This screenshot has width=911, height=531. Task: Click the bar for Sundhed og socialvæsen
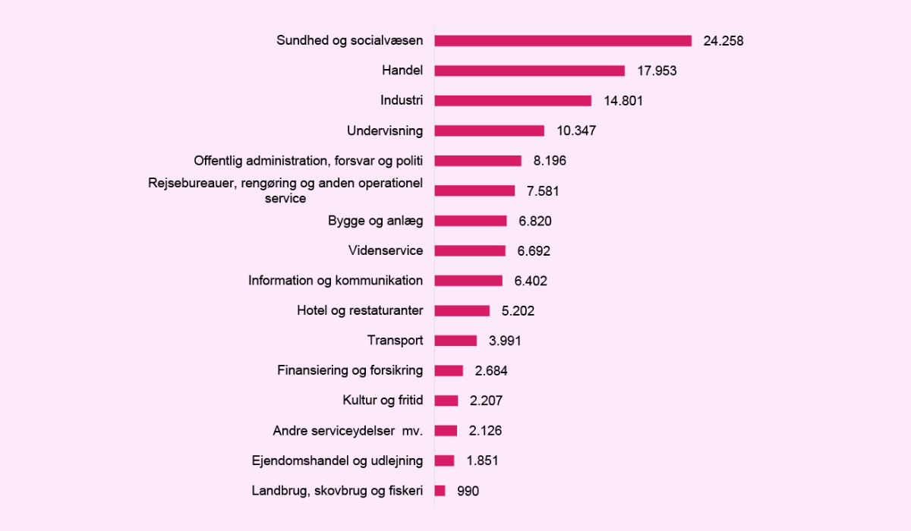pyautogui.click(x=563, y=41)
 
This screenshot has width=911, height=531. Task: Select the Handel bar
pyautogui.click(x=529, y=71)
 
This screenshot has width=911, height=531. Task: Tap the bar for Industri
pyautogui.click(x=512, y=101)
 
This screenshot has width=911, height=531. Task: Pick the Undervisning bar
pyautogui.click(x=489, y=130)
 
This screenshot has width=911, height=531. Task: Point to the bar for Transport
pyautogui.click(x=455, y=341)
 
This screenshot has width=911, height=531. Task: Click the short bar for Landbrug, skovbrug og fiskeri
pyautogui.click(x=440, y=491)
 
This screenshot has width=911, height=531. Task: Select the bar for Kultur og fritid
pyautogui.click(x=446, y=401)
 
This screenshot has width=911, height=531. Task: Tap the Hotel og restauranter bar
pyautogui.click(x=462, y=310)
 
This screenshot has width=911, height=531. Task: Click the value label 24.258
pyautogui.click(x=723, y=41)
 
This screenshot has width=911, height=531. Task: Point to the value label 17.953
pyautogui.click(x=656, y=71)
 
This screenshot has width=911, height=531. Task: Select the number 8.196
pyautogui.click(x=550, y=161)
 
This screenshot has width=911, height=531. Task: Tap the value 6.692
pyautogui.click(x=533, y=250)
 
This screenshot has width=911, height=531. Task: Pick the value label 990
pyautogui.click(x=468, y=491)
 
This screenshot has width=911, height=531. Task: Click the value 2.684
pyautogui.click(x=490, y=371)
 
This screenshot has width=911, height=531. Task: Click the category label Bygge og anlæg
pyautogui.click(x=375, y=221)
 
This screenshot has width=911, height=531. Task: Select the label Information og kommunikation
pyautogui.click(x=336, y=281)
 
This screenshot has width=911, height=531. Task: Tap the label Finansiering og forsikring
pyautogui.click(x=350, y=371)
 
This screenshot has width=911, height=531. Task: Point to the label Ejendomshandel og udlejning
pyautogui.click(x=337, y=460)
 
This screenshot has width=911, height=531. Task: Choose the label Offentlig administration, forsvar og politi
pyautogui.click(x=308, y=161)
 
